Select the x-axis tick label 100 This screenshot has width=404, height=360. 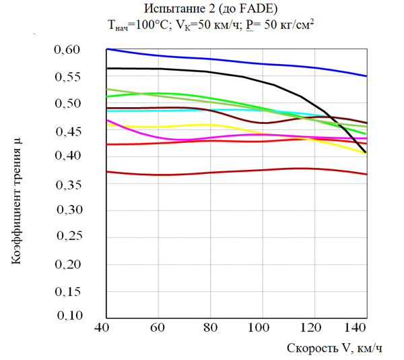259,328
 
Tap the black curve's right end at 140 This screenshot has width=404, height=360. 365,153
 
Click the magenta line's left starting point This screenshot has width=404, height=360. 108,120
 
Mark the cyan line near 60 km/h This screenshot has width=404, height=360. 159,111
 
